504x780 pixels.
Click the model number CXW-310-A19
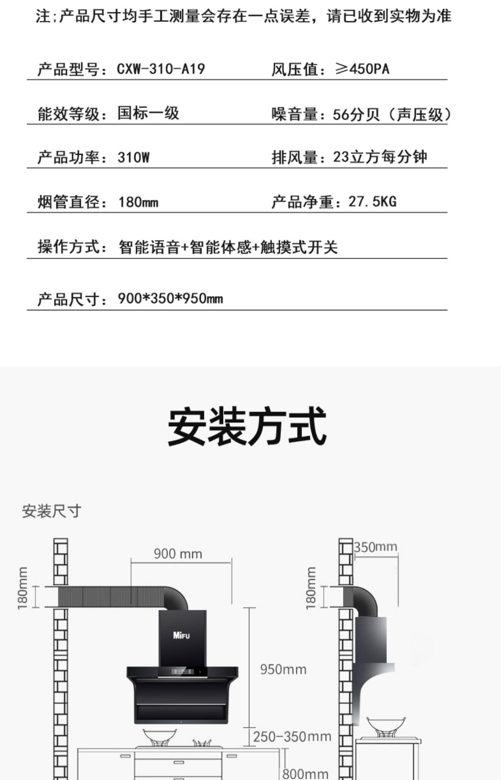tap(161, 69)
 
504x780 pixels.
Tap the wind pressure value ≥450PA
tap(362, 69)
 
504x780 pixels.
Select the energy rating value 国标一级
tap(148, 113)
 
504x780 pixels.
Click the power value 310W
tap(133, 157)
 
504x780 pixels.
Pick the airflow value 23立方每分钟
tap(380, 157)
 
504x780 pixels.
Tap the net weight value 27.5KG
tap(372, 202)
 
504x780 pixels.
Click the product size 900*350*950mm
tap(170, 299)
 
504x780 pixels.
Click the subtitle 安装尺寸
tap(51, 511)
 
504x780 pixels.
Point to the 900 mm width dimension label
tap(178, 554)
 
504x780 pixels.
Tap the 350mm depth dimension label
tap(375, 547)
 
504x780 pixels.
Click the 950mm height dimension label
tap(283, 669)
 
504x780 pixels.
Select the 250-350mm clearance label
tap(292, 737)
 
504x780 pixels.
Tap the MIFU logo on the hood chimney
tap(181, 635)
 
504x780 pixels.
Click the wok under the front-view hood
tap(160, 736)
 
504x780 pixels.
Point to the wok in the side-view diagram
tap(386, 725)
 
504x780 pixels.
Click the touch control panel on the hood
tap(183, 672)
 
